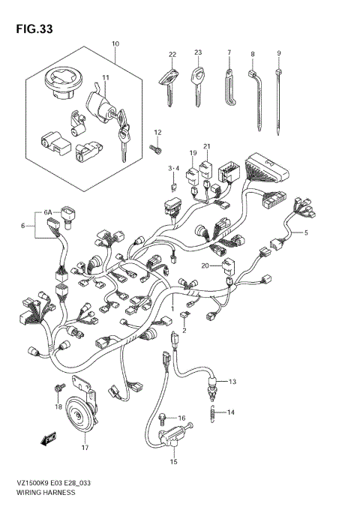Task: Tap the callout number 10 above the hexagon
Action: point(115,44)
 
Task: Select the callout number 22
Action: point(172,54)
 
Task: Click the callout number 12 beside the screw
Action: point(158,132)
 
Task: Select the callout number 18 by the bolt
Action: point(58,406)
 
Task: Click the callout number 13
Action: point(232,382)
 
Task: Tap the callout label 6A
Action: point(49,213)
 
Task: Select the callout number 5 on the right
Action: point(305,233)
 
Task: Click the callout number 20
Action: point(204,265)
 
